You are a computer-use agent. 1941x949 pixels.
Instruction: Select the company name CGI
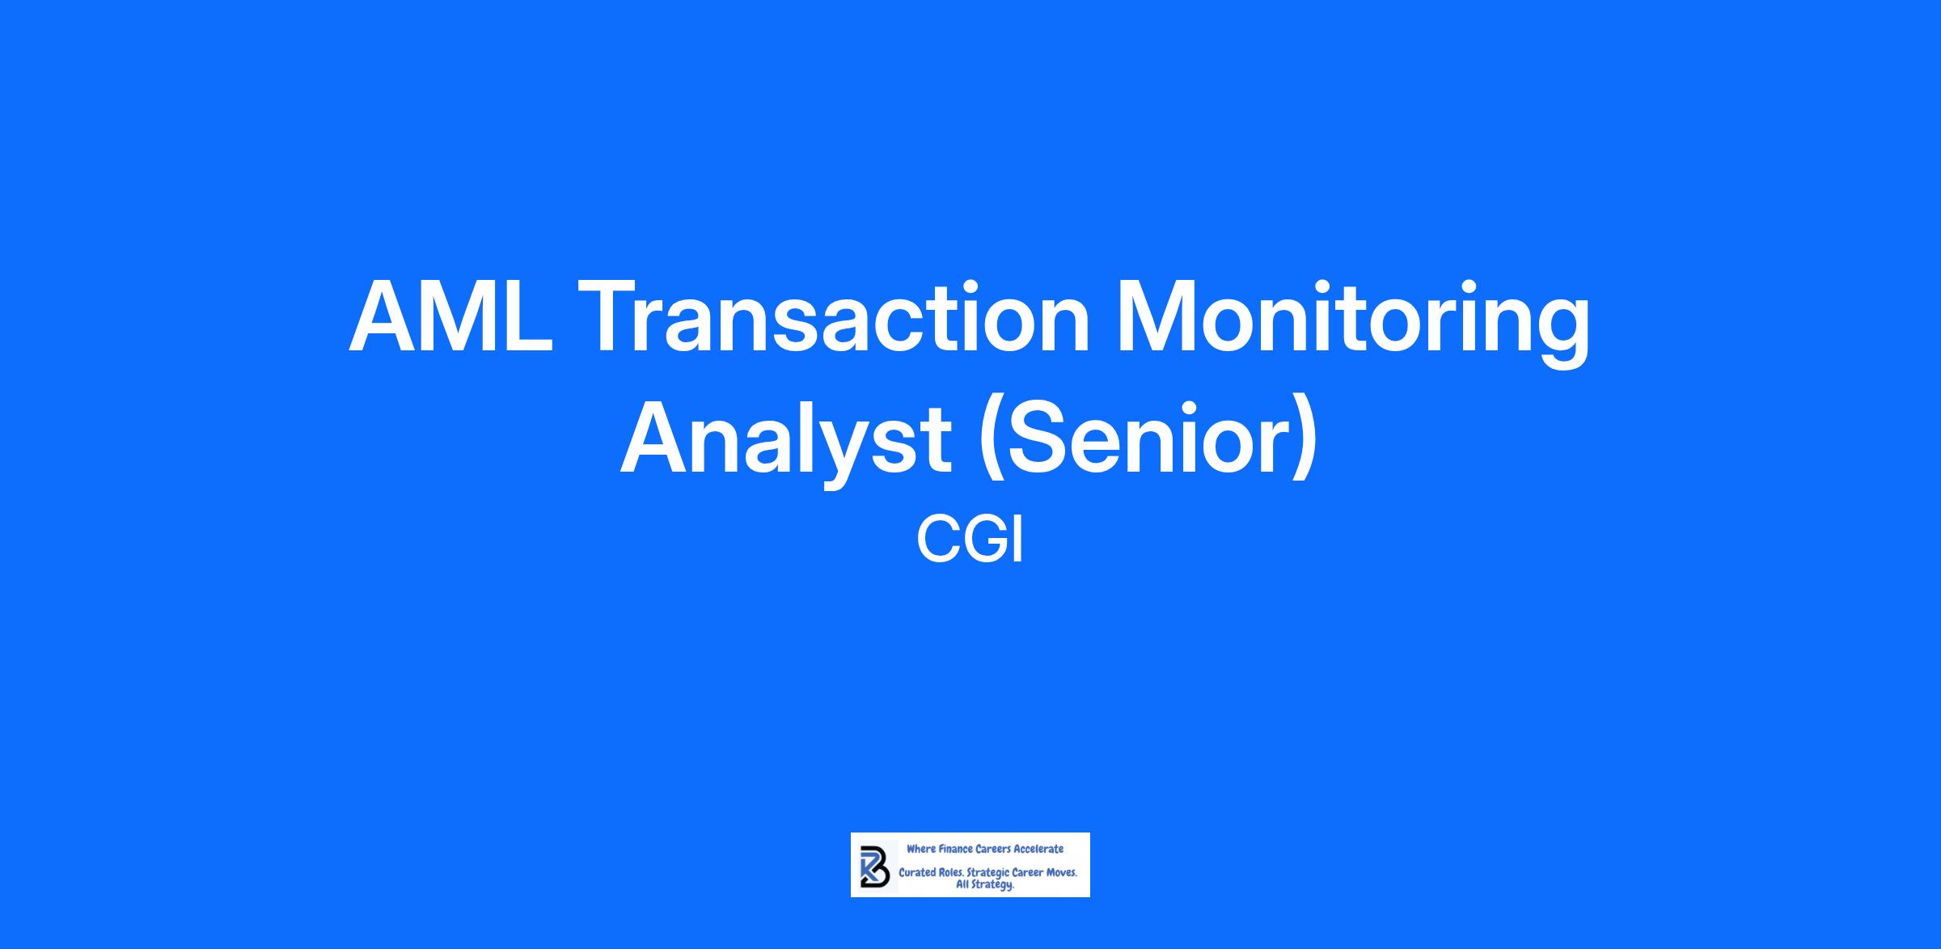(970, 540)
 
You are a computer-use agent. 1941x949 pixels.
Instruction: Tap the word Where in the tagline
(920, 849)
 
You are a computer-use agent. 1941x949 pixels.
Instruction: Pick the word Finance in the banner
(955, 849)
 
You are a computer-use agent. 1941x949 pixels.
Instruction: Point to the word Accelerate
(1038, 849)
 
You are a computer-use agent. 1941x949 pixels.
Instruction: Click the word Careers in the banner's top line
(993, 849)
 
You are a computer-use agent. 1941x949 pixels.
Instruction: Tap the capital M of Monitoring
(1151, 316)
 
